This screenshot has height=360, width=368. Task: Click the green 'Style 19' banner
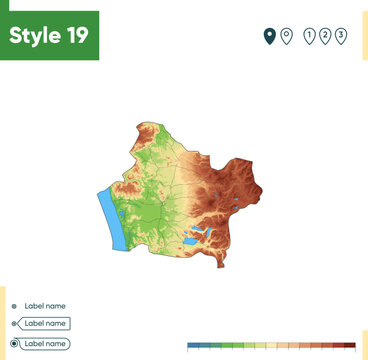tap(49, 36)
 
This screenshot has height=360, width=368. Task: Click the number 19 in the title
tap(76, 36)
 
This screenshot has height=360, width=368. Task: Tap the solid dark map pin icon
tap(269, 36)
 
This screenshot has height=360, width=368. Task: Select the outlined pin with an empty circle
tap(286, 36)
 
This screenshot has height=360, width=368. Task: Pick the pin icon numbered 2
tap(325, 36)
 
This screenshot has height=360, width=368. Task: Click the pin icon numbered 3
tap(341, 36)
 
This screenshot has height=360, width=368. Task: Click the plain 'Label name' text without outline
tap(45, 305)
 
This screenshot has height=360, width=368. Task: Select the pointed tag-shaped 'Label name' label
tap(45, 324)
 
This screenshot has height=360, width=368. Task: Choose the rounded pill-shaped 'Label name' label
tap(45, 343)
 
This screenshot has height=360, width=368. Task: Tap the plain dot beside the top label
tap(14, 306)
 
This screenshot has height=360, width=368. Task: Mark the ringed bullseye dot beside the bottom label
tap(14, 343)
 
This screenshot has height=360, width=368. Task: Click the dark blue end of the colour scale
tap(193, 345)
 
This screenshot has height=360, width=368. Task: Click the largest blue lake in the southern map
tap(189, 241)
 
